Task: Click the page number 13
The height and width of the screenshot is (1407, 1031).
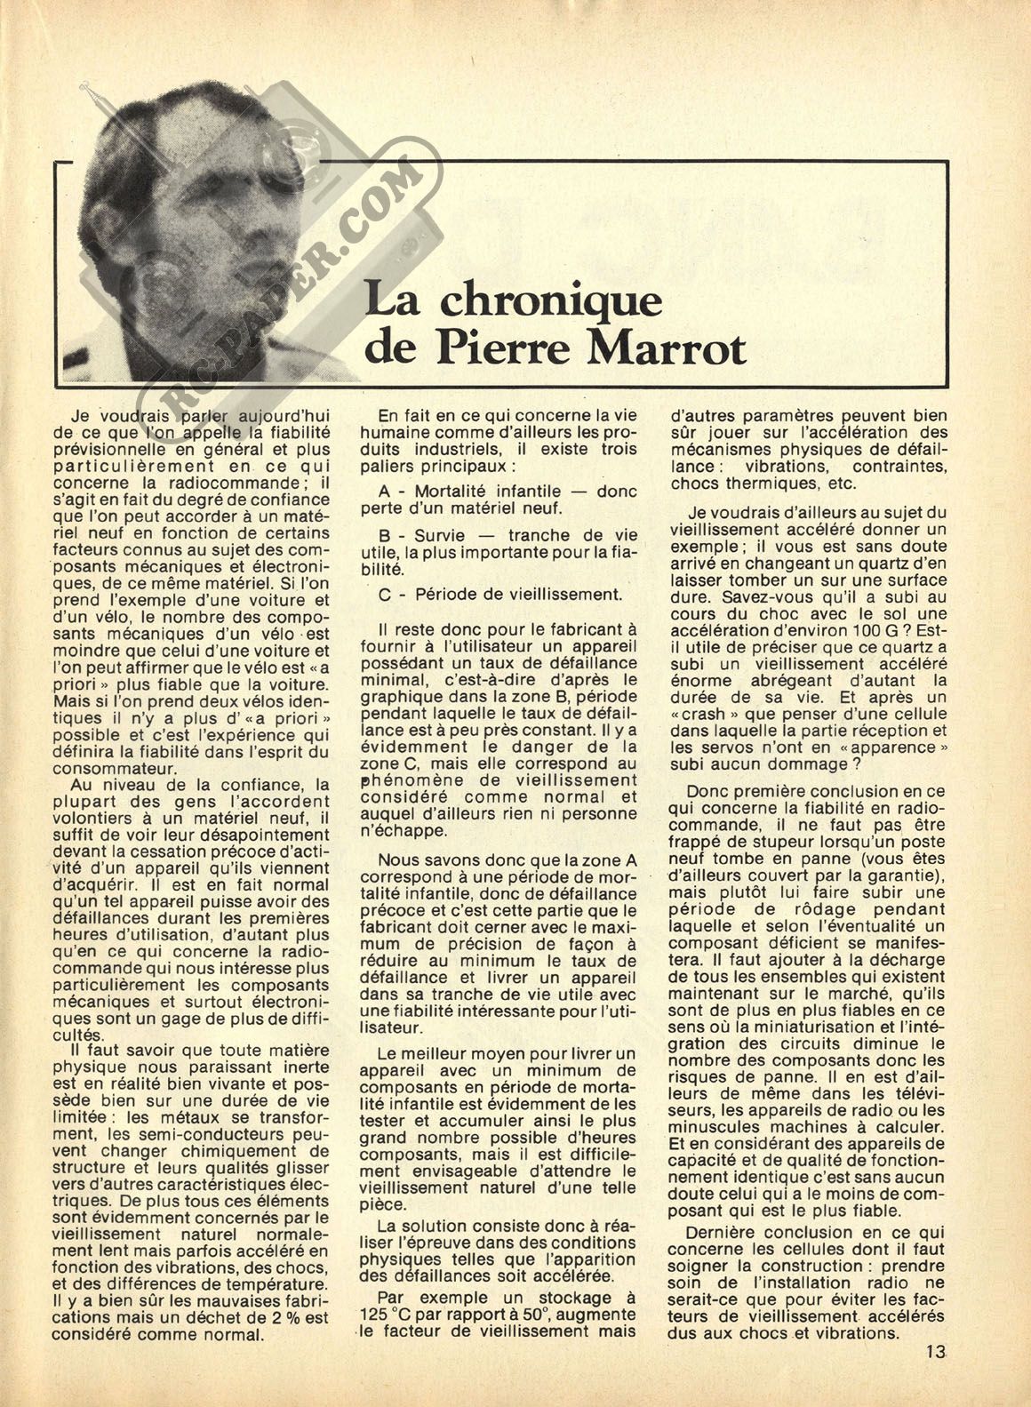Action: [x=934, y=1378]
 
